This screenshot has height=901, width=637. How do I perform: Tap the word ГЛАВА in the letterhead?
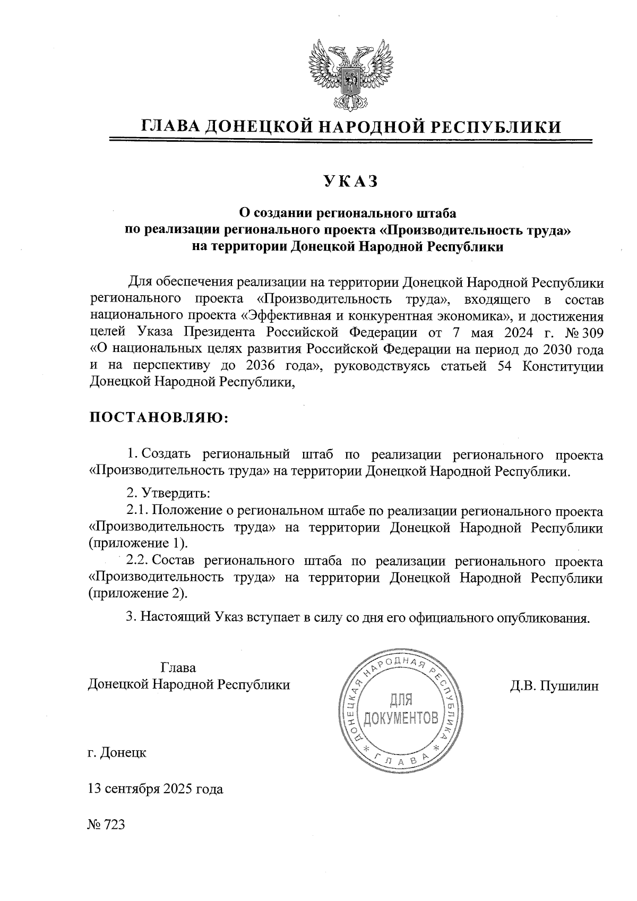[170, 126]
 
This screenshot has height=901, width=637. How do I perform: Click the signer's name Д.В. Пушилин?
[554, 686]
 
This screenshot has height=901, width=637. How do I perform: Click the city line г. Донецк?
[117, 752]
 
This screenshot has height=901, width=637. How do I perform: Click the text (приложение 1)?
[138, 544]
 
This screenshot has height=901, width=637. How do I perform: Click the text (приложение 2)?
[138, 593]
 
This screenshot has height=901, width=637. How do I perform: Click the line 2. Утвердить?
[169, 493]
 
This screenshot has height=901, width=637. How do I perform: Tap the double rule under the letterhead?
[350, 141]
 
